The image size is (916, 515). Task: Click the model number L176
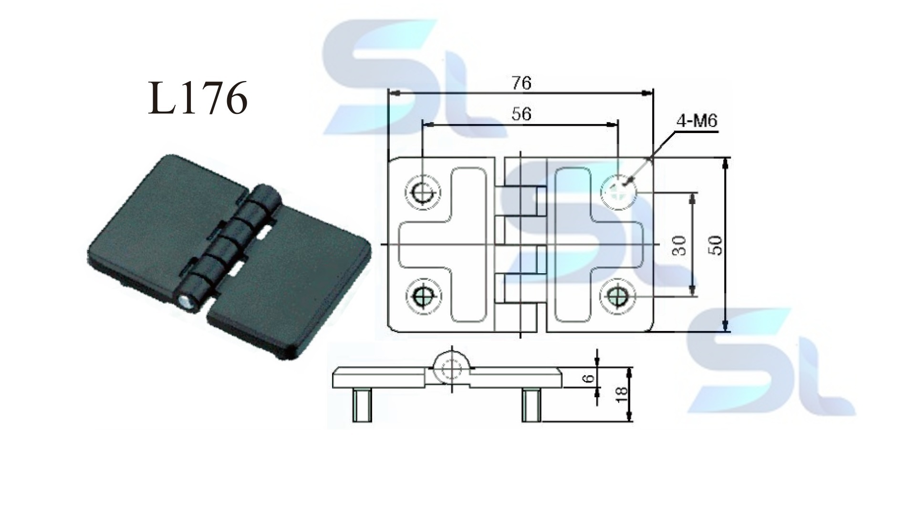tap(198, 98)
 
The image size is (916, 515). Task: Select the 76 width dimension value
tap(521, 83)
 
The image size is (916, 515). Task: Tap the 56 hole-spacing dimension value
tap(521, 114)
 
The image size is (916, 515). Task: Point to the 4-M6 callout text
tap(697, 121)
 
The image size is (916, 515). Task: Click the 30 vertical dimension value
tap(681, 245)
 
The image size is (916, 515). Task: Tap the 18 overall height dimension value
tap(622, 394)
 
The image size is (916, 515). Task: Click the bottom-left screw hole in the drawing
tap(423, 298)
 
